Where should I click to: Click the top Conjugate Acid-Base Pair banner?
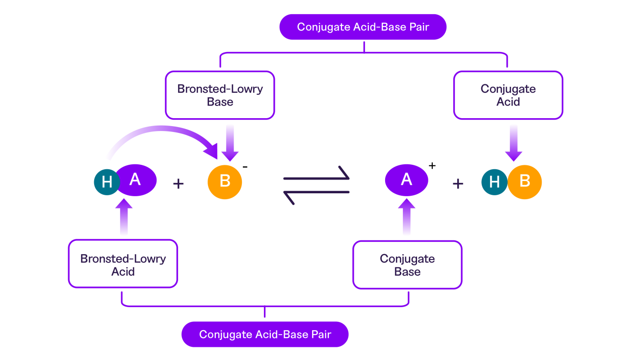coord(363,27)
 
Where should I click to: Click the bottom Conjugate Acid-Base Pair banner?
coord(265,335)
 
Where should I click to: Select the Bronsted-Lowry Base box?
coord(220,95)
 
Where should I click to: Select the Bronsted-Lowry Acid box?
coord(123,264)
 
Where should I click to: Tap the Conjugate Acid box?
coord(508,95)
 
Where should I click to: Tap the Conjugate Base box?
coord(407,264)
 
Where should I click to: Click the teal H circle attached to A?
coord(106,182)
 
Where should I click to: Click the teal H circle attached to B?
coord(494,182)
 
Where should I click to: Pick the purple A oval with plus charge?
coord(406,180)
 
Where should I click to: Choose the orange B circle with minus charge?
coord(225,181)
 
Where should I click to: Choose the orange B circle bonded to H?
coord(525,181)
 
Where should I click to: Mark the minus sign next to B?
coord(245,166)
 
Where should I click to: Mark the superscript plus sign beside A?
coord(432,166)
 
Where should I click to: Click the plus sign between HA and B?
coord(179,184)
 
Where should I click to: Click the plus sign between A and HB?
coord(458,184)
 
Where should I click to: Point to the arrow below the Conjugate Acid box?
coord(513,142)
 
